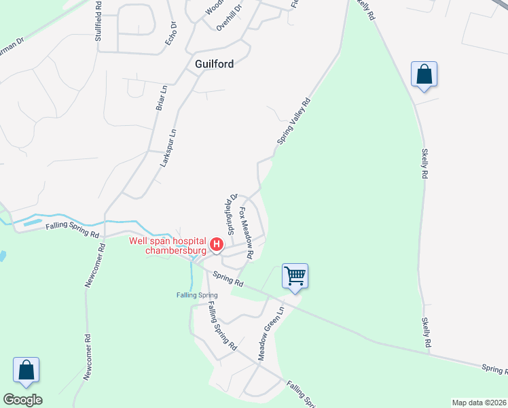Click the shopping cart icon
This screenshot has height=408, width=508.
pyautogui.click(x=295, y=276)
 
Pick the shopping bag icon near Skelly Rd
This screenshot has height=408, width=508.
pyautogui.click(x=424, y=74)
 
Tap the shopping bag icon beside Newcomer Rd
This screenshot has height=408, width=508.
pyautogui.click(x=26, y=371)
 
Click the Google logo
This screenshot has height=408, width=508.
pyautogui.click(x=22, y=400)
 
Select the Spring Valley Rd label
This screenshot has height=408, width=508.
pyautogui.click(x=293, y=121)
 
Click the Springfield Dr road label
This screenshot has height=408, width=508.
pyautogui.click(x=231, y=213)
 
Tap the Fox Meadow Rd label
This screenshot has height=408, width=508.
pyautogui.click(x=246, y=233)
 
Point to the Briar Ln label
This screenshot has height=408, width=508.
pyautogui.click(x=161, y=97)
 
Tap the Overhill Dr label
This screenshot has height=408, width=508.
pyautogui.click(x=229, y=18)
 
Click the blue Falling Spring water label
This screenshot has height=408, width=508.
pyautogui.click(x=197, y=294)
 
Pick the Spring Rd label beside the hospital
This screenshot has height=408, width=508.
pyautogui.click(x=228, y=278)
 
